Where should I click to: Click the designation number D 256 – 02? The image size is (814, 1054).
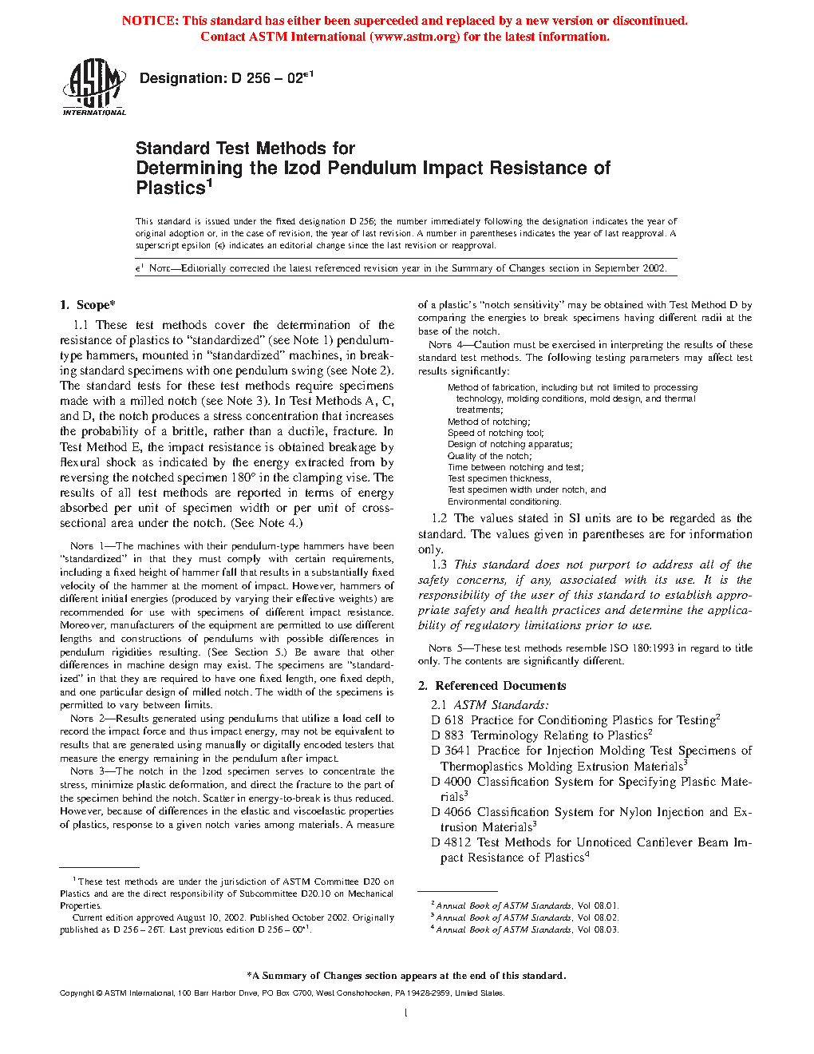(226, 78)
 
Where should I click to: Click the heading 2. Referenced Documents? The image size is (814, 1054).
(492, 686)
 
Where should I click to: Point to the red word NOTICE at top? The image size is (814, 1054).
(150, 21)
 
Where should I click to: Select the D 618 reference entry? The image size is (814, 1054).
(575, 720)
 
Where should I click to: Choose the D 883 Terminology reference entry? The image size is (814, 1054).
(542, 735)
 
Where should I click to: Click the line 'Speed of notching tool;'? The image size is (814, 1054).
(495, 433)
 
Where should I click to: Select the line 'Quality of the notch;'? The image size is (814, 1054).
(489, 456)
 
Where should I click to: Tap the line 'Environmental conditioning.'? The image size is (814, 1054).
(504, 501)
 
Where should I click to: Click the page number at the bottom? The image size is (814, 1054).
(406, 1013)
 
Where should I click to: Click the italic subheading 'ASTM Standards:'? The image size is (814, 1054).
(501, 705)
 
